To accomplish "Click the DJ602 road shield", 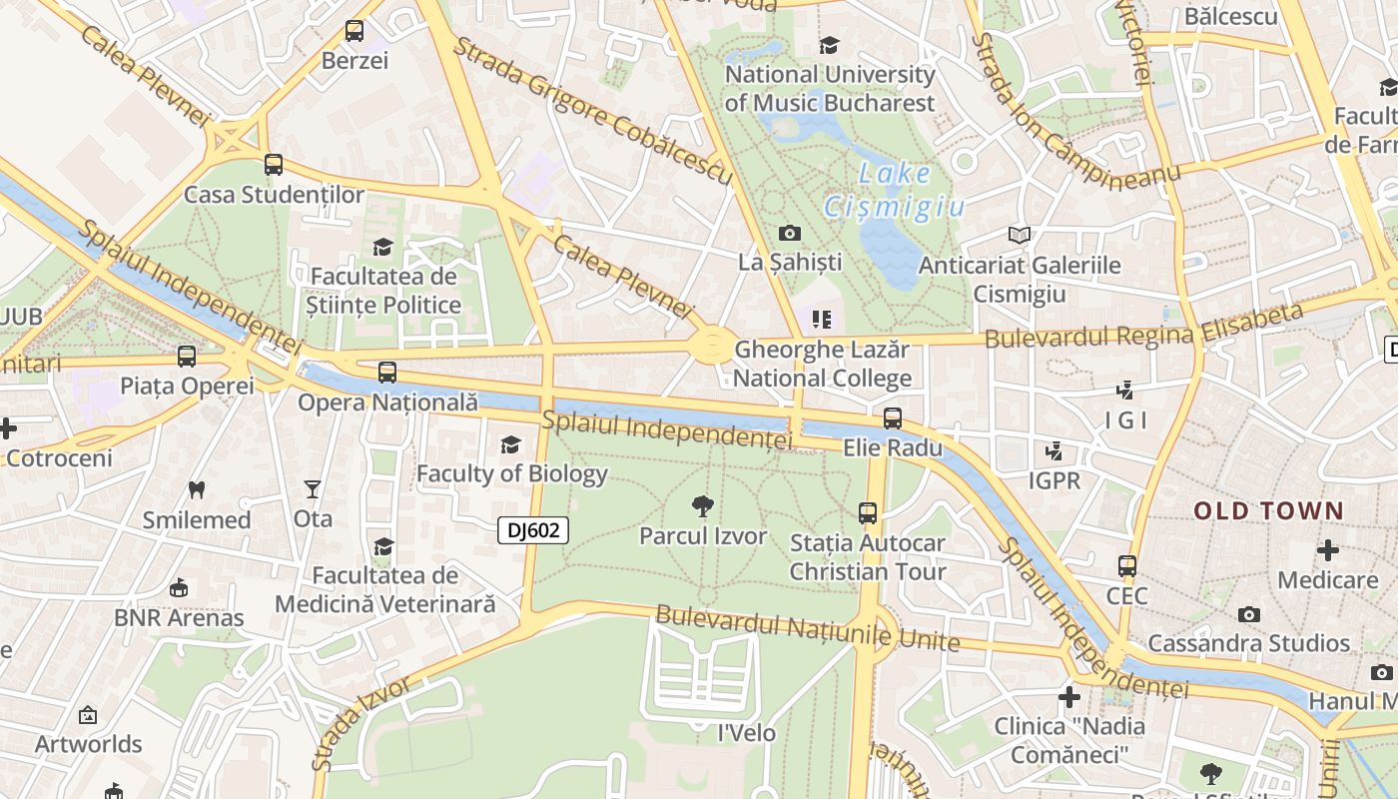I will (x=533, y=530).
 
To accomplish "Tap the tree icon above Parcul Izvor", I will (x=703, y=506).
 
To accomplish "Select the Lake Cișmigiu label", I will (x=894, y=190).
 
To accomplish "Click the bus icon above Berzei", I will (x=354, y=31).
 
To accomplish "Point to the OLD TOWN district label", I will (x=1269, y=511).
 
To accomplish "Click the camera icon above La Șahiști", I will (x=790, y=234).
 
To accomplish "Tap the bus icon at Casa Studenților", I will (x=274, y=165).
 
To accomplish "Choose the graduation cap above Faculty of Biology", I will (x=511, y=444).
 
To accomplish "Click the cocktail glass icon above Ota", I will (x=313, y=489).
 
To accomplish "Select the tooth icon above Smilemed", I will (x=197, y=490).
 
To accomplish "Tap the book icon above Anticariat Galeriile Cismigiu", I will (x=1019, y=236).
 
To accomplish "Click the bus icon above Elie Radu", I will (x=893, y=418).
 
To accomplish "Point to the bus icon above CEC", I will (x=1127, y=566).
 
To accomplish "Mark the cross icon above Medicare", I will (x=1328, y=550).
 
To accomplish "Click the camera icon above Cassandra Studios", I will (x=1249, y=614).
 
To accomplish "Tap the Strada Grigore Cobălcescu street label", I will (x=593, y=111).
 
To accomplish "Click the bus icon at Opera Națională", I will (x=387, y=373).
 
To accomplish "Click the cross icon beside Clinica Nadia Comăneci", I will (x=1069, y=696).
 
